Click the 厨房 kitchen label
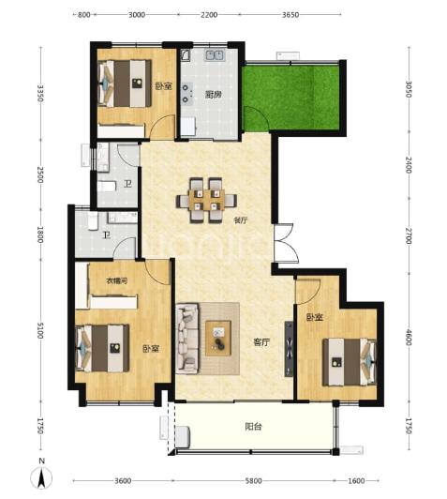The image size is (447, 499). point(214,95)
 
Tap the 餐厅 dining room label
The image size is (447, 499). point(241,219)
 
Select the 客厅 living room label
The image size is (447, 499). point(261,342)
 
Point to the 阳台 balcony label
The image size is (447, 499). point(253,427)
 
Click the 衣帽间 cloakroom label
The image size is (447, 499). point(117,281)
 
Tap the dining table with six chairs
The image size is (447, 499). point(207,200)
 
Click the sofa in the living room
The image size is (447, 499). point(187,338)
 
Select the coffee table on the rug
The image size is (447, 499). point(218,339)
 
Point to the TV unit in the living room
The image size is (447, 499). point(289,349)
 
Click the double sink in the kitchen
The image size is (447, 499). point(215,55)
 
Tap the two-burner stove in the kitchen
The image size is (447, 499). point(186,94)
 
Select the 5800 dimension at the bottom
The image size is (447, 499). point(254,480)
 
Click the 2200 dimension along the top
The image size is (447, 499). point(209,15)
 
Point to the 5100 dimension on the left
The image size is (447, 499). point(40,330)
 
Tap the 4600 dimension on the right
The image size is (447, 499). point(409,337)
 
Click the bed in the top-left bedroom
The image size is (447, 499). point(125,83)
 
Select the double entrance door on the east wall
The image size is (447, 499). point(286,243)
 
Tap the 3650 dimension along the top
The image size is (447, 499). point(291,15)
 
